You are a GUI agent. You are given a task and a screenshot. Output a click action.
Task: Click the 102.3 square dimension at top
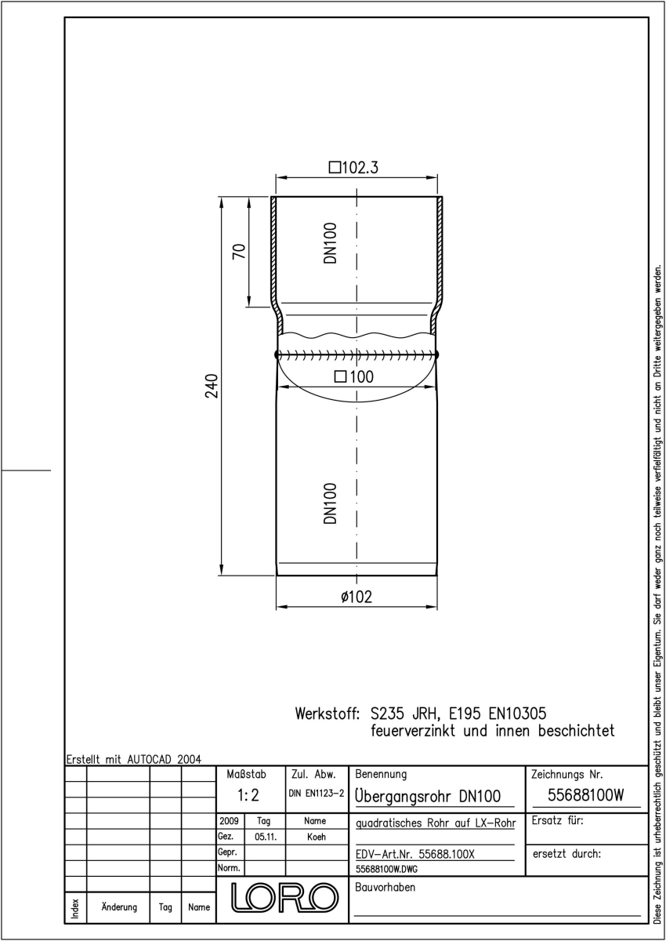point(353,167)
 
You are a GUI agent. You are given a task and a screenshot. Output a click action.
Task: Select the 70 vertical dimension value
point(239,251)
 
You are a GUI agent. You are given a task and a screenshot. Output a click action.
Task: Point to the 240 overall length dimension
point(212,386)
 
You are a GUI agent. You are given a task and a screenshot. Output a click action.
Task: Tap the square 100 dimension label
point(354,376)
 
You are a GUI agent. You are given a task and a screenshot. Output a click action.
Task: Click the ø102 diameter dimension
point(357,597)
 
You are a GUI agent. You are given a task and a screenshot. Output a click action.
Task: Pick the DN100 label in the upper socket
point(331,243)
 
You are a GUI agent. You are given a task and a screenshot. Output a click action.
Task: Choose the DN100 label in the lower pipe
point(331,503)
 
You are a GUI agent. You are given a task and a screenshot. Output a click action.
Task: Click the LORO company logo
point(284,898)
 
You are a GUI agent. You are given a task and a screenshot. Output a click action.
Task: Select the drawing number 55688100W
point(586,795)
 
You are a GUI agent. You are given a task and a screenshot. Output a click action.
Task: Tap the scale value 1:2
point(248,795)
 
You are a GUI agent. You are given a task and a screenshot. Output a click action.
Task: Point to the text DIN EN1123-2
point(317,793)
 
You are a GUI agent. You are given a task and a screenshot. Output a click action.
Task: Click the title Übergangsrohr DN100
point(428,795)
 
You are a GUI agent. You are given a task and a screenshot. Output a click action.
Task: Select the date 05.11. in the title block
point(266,837)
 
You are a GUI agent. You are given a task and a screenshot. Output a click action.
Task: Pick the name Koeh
point(317,837)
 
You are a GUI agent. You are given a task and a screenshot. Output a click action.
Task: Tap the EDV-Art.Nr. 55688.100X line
point(415,854)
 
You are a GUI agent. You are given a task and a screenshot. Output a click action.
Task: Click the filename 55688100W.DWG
point(386,869)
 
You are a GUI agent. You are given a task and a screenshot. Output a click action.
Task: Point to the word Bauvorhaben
point(385,887)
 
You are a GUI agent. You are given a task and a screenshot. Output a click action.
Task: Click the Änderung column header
point(119,906)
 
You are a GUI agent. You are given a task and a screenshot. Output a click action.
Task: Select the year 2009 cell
point(229,820)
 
